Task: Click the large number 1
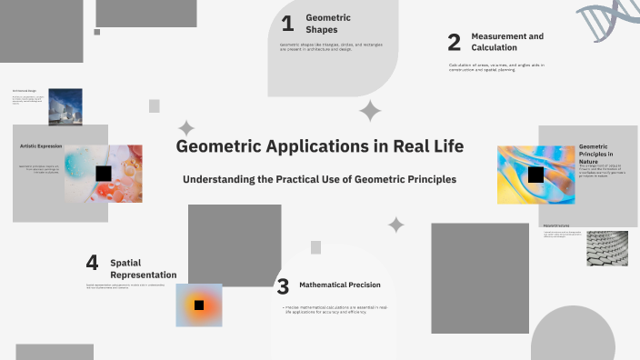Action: (287, 24)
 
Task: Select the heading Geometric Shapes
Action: (328, 24)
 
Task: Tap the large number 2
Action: (455, 42)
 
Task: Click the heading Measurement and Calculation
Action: (507, 42)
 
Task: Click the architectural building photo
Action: (65, 106)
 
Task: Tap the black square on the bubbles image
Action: (104, 173)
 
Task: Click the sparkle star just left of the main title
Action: (186, 128)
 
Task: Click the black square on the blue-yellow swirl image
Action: (535, 174)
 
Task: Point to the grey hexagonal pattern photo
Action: (606, 248)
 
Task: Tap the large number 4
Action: (92, 263)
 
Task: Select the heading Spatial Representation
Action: (143, 268)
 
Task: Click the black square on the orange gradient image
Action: (198, 305)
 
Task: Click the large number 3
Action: (283, 287)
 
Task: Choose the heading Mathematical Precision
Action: (339, 285)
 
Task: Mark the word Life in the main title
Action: (445, 146)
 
